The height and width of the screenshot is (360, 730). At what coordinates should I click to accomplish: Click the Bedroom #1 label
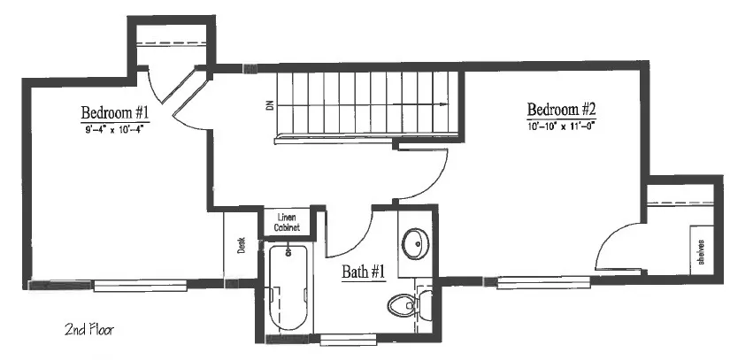(114, 113)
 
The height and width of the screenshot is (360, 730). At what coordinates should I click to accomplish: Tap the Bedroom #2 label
(562, 110)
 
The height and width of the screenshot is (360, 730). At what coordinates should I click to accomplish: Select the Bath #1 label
(364, 272)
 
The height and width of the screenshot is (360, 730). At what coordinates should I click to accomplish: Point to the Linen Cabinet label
(287, 222)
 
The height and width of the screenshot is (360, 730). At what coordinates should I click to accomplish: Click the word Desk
(242, 245)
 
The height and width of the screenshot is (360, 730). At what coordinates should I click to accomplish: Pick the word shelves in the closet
(701, 251)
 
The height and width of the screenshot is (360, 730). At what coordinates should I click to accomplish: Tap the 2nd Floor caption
(89, 330)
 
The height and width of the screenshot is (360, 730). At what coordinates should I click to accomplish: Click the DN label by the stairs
(269, 105)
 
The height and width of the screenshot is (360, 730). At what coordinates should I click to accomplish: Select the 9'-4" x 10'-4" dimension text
(114, 129)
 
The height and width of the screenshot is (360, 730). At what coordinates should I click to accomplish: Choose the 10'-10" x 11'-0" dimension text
(562, 126)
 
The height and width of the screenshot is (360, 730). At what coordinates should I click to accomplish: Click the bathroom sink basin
(415, 243)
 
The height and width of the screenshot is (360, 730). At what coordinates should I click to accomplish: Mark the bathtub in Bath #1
(288, 287)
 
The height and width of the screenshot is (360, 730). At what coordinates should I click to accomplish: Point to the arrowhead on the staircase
(443, 104)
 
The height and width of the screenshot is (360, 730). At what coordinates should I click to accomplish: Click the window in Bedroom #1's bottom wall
(140, 286)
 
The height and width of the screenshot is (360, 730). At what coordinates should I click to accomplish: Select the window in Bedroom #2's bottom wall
(542, 282)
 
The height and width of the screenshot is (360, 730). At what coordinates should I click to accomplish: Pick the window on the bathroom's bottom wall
(349, 340)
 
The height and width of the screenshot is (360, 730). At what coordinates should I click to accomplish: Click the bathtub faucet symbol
(288, 251)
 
